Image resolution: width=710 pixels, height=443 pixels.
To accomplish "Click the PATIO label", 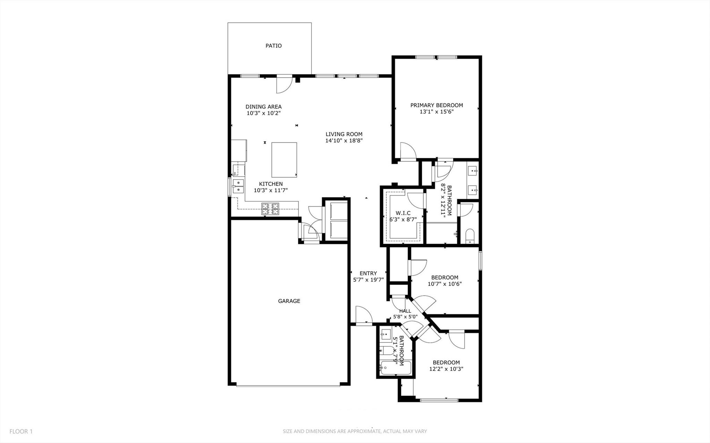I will pyautogui.click(x=273, y=46).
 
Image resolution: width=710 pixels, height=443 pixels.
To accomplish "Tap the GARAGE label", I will pyautogui.click(x=289, y=301).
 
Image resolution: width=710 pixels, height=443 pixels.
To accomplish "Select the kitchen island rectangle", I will pyautogui.click(x=284, y=160).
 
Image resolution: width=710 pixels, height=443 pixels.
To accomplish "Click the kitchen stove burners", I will pyautogui.click(x=270, y=208).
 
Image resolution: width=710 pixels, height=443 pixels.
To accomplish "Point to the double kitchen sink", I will pyautogui.click(x=238, y=186).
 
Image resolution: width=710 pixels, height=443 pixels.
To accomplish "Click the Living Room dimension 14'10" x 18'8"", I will pyautogui.click(x=344, y=141).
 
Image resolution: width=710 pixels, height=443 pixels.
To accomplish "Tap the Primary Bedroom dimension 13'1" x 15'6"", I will pyautogui.click(x=436, y=112).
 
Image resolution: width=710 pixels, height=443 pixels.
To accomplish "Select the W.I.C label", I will pyautogui.click(x=403, y=213).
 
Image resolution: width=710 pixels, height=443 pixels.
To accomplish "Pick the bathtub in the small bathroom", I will pyautogui.click(x=395, y=368).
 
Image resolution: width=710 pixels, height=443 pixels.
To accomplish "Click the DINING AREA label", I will pyautogui.click(x=264, y=107).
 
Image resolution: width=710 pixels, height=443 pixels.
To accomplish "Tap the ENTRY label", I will pyautogui.click(x=368, y=273).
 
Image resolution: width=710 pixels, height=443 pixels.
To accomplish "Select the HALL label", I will pyautogui.click(x=405, y=311).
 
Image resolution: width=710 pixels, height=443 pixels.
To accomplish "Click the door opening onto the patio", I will pyautogui.click(x=283, y=85).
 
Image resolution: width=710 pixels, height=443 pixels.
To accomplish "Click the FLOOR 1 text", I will pyautogui.click(x=21, y=432).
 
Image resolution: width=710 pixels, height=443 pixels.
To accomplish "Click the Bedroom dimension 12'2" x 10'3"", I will pyautogui.click(x=446, y=369).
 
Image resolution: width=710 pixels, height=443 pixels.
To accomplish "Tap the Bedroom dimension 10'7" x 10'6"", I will pyautogui.click(x=444, y=284).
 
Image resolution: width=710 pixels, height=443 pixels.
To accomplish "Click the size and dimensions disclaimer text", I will pyautogui.click(x=354, y=432).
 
